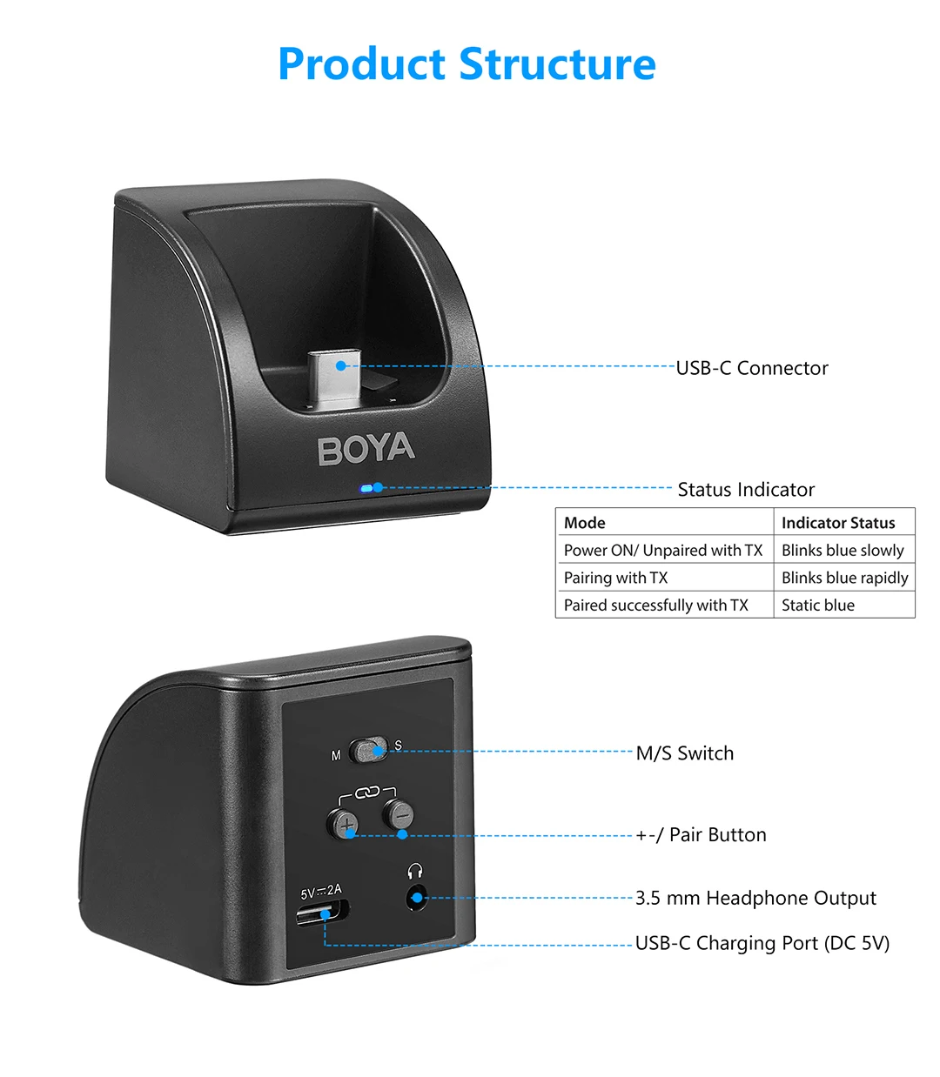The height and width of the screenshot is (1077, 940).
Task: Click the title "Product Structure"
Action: click(x=467, y=64)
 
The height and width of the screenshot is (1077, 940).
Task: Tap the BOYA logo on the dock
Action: click(x=366, y=450)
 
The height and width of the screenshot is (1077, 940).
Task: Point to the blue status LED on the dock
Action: click(x=367, y=488)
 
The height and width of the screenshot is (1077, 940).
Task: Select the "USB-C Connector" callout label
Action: click(x=752, y=368)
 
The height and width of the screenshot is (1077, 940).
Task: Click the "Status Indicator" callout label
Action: click(x=746, y=490)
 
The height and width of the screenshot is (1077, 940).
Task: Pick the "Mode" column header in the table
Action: click(x=585, y=523)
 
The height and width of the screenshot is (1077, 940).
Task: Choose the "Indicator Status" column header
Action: click(x=838, y=523)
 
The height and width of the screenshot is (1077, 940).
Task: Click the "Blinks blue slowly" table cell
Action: click(x=843, y=550)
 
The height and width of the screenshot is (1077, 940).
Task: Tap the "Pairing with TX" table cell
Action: click(x=615, y=578)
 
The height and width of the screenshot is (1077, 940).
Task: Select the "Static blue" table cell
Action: click(x=818, y=605)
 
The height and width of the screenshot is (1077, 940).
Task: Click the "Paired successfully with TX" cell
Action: click(x=655, y=605)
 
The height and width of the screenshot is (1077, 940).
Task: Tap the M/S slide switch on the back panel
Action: click(x=368, y=750)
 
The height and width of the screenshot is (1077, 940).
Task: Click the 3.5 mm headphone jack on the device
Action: click(x=417, y=897)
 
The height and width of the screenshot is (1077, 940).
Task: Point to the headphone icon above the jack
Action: click(x=415, y=871)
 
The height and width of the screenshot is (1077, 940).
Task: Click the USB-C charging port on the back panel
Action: click(x=323, y=914)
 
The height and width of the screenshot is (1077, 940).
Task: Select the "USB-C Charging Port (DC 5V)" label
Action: click(x=762, y=943)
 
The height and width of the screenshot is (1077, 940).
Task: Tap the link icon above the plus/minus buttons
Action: click(x=366, y=792)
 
